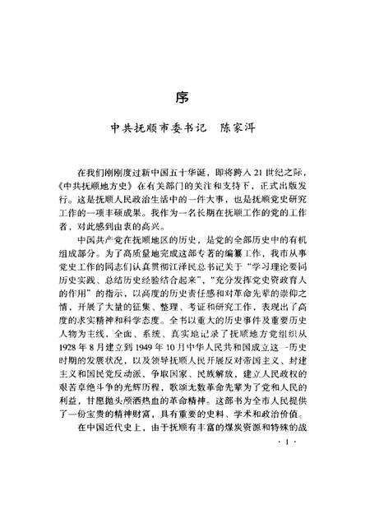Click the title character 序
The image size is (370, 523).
coord(183,96)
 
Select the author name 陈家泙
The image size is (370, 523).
coord(248,130)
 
